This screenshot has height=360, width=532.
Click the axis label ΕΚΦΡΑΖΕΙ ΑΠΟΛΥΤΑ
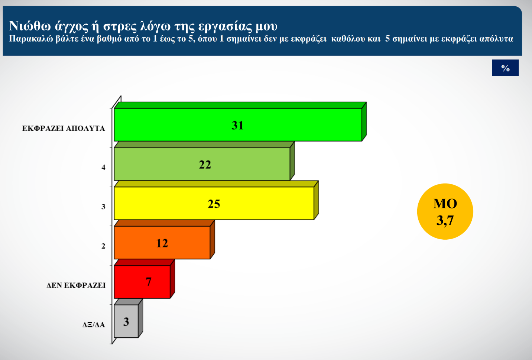[x=64, y=129]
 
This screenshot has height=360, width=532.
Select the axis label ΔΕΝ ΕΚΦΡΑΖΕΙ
[x=76, y=285]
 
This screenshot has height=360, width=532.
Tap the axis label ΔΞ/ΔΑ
[x=94, y=325]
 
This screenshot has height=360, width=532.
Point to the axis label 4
[x=103, y=168]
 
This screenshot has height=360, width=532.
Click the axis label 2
[x=103, y=246]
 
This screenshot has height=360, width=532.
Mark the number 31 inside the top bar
[x=237, y=125]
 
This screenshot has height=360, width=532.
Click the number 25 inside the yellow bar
[x=214, y=204]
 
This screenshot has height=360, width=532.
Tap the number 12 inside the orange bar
[x=162, y=243]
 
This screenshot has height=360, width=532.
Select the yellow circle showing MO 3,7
[x=445, y=211]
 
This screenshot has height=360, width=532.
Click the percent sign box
[x=505, y=68]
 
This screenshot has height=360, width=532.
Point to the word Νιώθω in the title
[x=29, y=26]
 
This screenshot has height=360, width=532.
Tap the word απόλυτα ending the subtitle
[x=496, y=39]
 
